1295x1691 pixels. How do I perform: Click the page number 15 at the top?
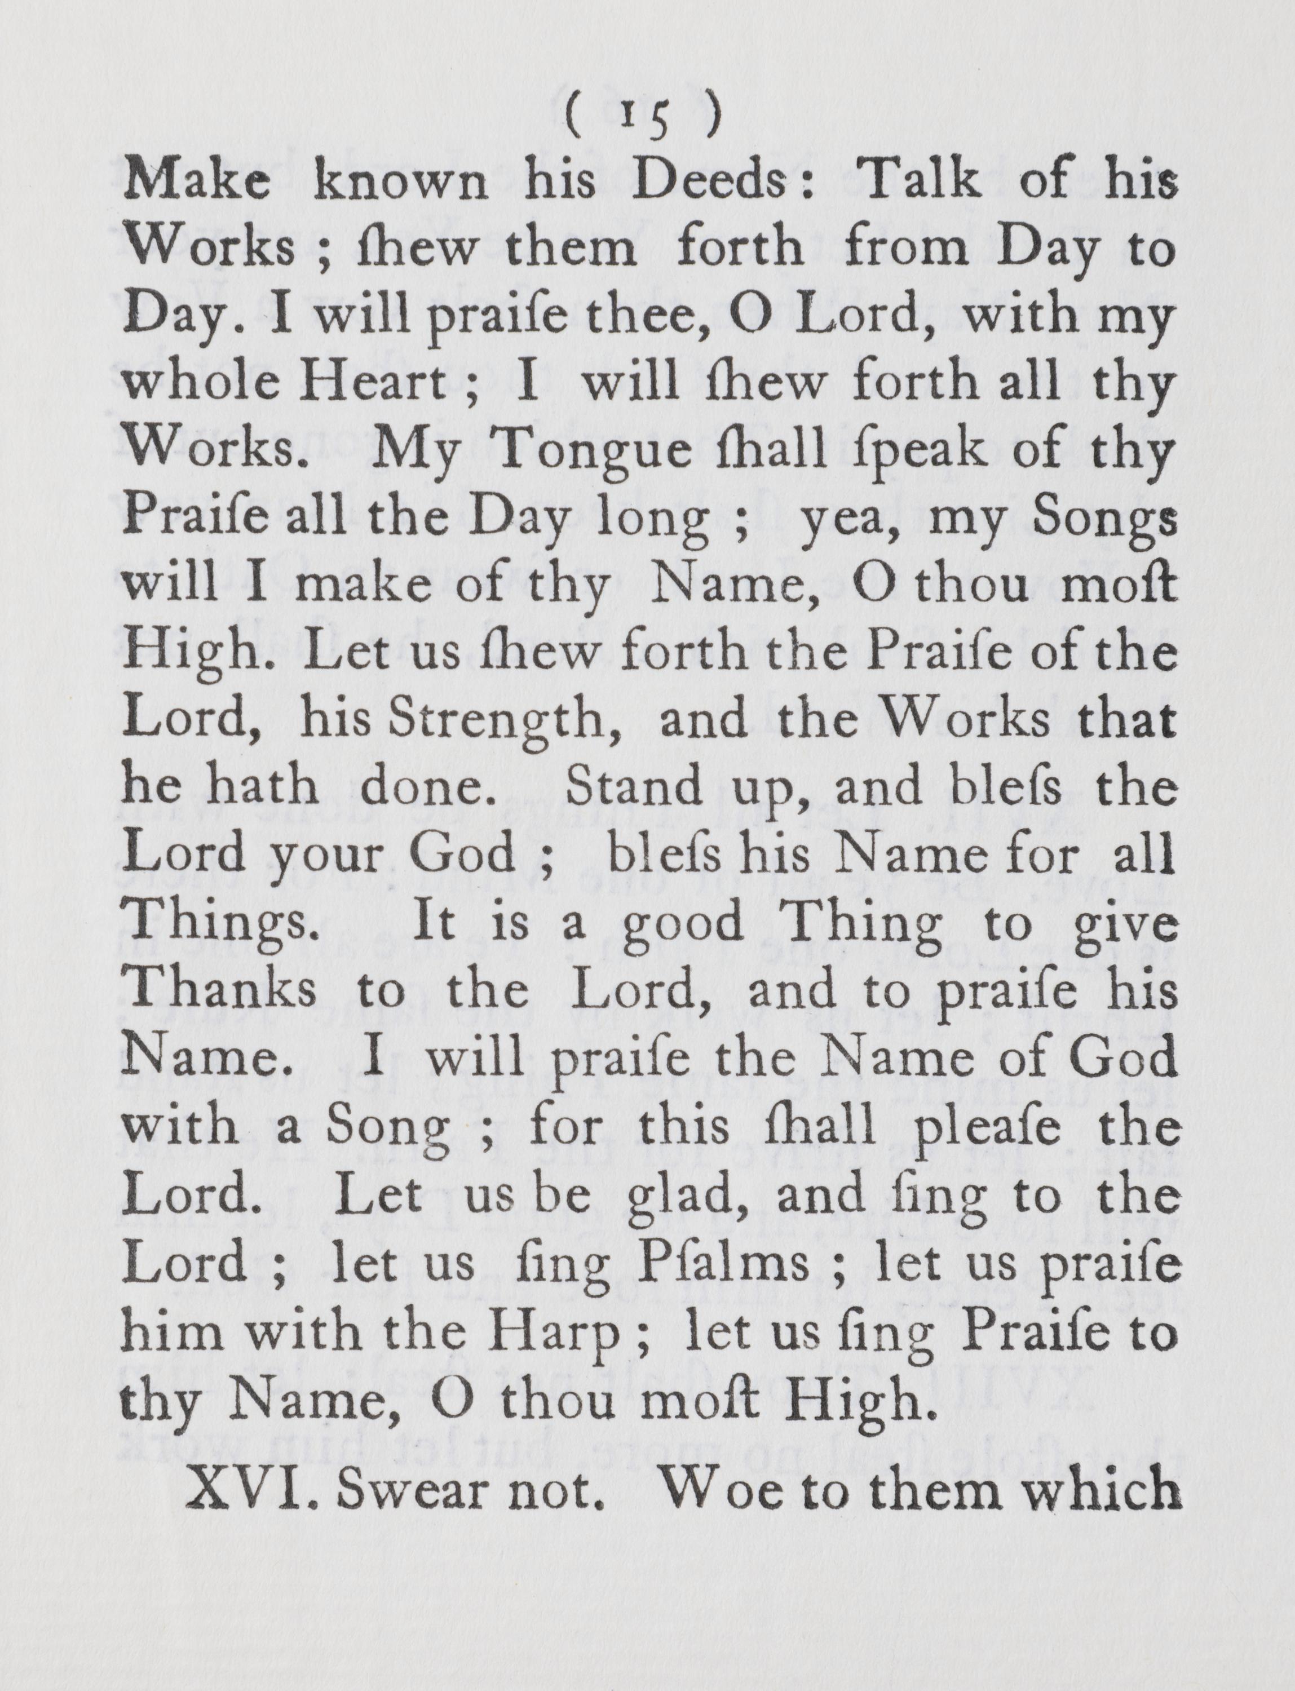(x=642, y=118)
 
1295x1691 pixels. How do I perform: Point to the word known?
(x=400, y=182)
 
